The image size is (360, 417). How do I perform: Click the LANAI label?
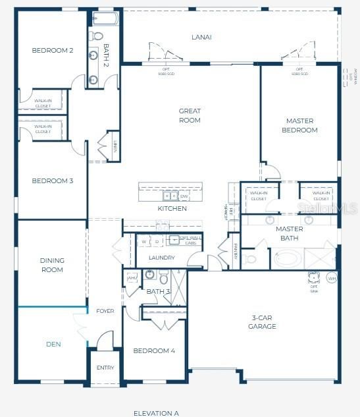tap(201, 37)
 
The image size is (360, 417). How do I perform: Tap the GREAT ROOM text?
tap(190, 115)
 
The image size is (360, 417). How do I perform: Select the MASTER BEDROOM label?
tap(299, 125)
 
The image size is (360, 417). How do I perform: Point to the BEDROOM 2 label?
tap(53, 50)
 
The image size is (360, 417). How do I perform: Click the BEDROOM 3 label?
tap(52, 181)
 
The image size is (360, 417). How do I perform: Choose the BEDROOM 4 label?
tap(154, 350)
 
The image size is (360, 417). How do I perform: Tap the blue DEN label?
tap(53, 344)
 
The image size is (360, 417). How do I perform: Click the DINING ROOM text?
tap(52, 265)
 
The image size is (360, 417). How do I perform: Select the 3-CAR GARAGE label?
tap(261, 321)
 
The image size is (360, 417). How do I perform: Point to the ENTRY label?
tap(105, 368)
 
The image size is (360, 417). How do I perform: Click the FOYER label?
tap(105, 311)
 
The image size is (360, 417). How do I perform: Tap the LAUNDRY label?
tap(161, 258)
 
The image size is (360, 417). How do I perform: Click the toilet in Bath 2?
tap(97, 36)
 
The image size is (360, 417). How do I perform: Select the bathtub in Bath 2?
tap(105, 18)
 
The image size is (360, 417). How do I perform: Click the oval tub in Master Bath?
tap(287, 258)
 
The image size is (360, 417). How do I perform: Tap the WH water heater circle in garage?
tap(332, 279)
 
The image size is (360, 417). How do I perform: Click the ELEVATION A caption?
tap(156, 413)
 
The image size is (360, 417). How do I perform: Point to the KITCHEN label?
tap(172, 208)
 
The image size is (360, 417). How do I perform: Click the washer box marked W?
tap(143, 241)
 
